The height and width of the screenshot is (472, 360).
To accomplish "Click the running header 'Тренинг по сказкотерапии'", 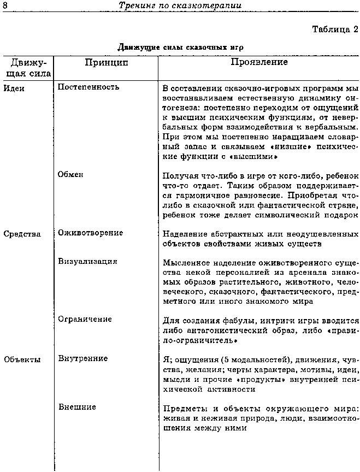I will click(181, 5).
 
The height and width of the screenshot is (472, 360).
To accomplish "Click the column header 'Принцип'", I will click(107, 63).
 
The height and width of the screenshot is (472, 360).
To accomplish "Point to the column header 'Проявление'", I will click(259, 62).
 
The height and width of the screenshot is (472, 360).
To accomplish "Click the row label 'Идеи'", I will click(14, 87).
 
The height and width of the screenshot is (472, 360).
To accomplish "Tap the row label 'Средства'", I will click(22, 234).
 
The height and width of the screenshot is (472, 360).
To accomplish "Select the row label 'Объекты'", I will click(22, 359).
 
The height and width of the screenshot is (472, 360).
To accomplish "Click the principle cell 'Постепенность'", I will click(88, 87).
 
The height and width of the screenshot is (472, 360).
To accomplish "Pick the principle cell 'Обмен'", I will click(70, 174).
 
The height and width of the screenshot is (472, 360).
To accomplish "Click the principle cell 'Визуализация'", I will click(87, 262).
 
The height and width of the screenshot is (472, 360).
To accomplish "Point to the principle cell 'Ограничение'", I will click(85, 319).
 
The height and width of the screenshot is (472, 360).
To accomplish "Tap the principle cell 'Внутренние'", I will click(82, 359).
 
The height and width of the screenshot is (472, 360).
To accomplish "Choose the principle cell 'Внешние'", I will click(77, 407).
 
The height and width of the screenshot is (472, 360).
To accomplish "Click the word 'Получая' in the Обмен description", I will click(181, 176).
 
